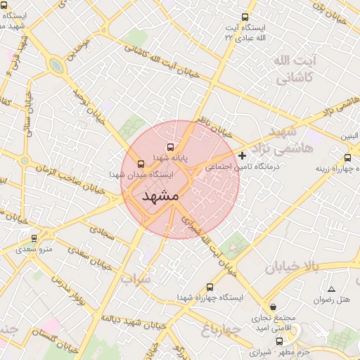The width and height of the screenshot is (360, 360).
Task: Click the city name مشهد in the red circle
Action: (161, 196)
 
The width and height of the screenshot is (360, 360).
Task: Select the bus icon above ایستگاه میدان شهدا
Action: (141, 162)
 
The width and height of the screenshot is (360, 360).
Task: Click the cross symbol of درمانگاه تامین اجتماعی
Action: (243, 155)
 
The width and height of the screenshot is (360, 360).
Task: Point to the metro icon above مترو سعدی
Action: (34, 239)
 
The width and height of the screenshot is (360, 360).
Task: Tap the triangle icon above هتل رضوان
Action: (331, 290)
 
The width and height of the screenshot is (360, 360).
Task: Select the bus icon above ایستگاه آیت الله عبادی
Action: (245, 18)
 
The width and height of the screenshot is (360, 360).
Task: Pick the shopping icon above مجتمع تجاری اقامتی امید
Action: (274, 307)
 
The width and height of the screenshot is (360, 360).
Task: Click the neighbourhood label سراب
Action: (136, 279)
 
